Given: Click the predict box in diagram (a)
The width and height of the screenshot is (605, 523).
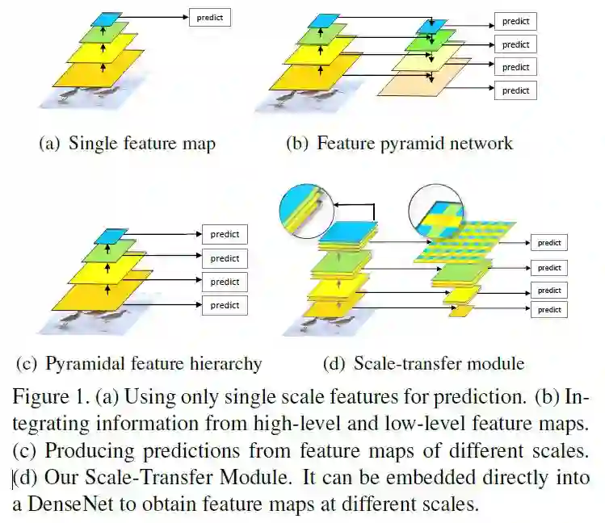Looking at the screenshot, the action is [x=209, y=17].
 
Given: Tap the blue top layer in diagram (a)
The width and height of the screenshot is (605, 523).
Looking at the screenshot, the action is [x=107, y=17].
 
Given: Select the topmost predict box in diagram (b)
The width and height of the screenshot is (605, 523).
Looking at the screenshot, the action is [x=515, y=22].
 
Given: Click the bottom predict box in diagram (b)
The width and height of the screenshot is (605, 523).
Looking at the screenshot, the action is [x=515, y=90].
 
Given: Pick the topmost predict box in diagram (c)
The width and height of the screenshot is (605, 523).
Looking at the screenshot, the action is [x=225, y=235].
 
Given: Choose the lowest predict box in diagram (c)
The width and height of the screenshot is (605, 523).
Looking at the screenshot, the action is [x=225, y=305].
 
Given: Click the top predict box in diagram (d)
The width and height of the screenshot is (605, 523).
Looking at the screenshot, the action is [x=548, y=242].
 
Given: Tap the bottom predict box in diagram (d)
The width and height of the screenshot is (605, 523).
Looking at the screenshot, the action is [x=548, y=310].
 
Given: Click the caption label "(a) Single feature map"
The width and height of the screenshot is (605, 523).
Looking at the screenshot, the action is [x=128, y=144].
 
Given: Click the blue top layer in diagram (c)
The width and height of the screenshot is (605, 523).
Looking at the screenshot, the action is [x=107, y=236].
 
